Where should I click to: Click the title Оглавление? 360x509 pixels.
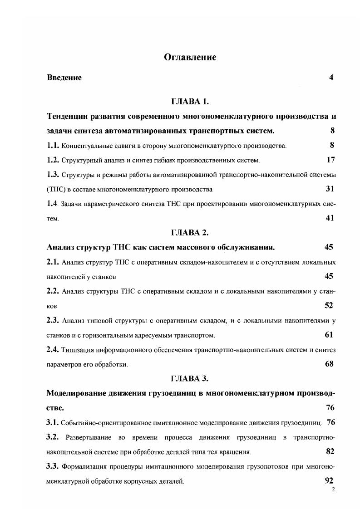click(190, 57)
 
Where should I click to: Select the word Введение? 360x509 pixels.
click(64, 78)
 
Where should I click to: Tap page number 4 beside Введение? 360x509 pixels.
click(331, 78)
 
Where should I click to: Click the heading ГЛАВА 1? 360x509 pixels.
click(190, 101)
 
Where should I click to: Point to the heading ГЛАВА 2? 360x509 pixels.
click(190, 233)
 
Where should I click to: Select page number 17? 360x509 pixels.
click(330, 160)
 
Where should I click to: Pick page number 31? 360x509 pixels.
click(330, 189)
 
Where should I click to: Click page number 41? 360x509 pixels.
click(330, 218)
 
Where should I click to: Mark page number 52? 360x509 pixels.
click(329, 305)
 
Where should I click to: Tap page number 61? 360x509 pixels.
click(329, 334)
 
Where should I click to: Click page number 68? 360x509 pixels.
click(330, 364)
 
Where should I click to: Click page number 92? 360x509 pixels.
click(330, 480)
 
